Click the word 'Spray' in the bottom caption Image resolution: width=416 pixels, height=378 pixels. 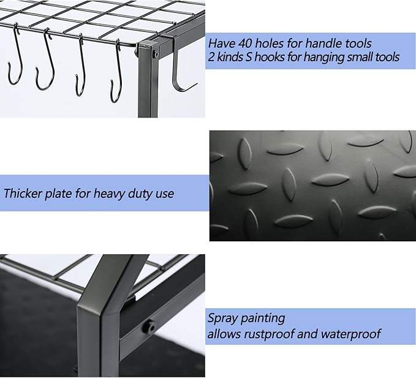coord(222,318)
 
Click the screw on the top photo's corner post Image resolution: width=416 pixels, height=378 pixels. coord(156,55)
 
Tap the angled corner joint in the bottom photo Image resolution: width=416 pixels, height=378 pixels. coord(104,288)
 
